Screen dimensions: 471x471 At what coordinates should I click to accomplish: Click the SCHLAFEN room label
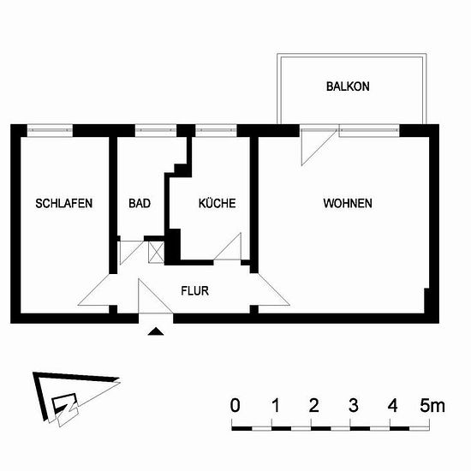pos(63,203)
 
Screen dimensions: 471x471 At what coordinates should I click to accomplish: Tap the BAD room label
pos(140,203)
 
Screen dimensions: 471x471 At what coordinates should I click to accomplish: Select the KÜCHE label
pos(217,203)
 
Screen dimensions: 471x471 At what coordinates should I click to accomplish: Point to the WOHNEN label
pos(348,203)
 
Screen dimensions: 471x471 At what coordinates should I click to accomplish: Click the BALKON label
pos(348,86)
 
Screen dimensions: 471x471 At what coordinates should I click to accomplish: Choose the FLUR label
pos(194,291)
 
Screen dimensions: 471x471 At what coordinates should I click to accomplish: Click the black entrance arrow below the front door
pos(156,331)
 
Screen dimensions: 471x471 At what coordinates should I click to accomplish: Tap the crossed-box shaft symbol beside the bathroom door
pos(156,252)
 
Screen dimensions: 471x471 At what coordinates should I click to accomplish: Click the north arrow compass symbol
pos(75,398)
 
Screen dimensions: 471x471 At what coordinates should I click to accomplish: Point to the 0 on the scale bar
pos(235,405)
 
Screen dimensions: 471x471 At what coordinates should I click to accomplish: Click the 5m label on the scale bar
pos(432,405)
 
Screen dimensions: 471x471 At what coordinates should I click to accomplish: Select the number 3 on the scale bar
pos(353,405)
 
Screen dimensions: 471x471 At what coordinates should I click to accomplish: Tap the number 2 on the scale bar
pos(313,405)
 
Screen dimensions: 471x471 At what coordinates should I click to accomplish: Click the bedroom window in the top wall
pos(50,130)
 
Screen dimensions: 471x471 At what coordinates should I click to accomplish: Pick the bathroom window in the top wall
pos(156,130)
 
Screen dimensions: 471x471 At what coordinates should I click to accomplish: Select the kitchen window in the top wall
pos(217,130)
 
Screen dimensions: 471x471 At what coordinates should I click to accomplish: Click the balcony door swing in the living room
pos(319,148)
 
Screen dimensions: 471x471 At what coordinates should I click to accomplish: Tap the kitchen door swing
pos(228,247)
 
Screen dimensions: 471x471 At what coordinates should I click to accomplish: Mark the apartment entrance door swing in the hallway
pos(155,296)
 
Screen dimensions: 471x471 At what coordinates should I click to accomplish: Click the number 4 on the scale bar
pos(392,405)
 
